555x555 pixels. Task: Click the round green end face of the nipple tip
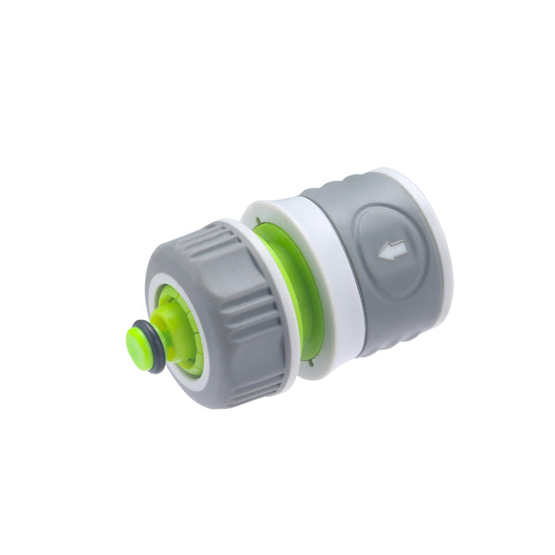point(138,343)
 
